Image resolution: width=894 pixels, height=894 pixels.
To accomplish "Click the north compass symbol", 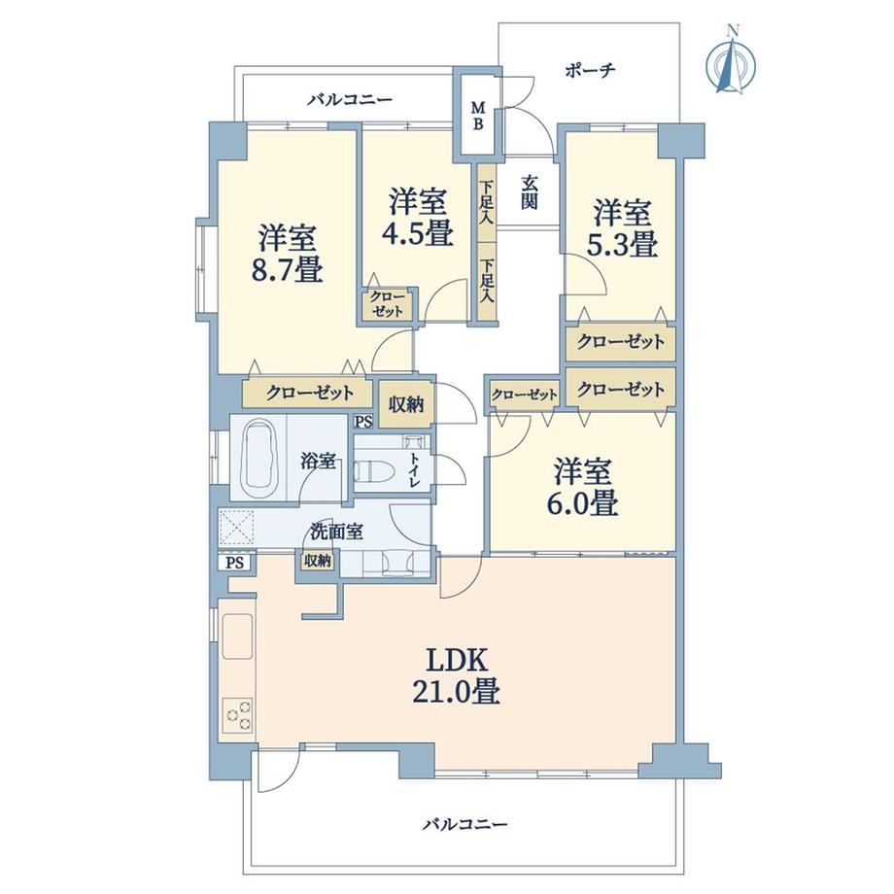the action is (731, 60).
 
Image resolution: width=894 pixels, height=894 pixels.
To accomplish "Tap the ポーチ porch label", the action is (590, 71).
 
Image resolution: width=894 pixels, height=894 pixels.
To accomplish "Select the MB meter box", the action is (478, 116).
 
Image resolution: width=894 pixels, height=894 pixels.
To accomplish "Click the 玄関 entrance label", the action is (529, 192).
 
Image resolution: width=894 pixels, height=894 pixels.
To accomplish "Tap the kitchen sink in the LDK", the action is (237, 636).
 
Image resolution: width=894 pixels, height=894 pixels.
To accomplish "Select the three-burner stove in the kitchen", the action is (237, 714).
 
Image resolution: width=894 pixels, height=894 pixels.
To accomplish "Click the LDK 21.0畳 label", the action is (457, 676).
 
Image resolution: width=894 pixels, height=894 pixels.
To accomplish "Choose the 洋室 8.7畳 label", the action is (287, 255).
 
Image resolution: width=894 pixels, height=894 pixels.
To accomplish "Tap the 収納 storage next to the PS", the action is (405, 404).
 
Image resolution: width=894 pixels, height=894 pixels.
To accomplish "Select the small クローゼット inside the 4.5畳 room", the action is (387, 304).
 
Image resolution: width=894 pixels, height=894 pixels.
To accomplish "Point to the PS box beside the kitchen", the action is (234, 563).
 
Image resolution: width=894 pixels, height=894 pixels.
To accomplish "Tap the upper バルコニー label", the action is (350, 100).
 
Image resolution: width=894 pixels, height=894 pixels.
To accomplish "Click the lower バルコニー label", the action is (465, 824).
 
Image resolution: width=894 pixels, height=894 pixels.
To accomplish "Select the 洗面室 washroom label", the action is (336, 532).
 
